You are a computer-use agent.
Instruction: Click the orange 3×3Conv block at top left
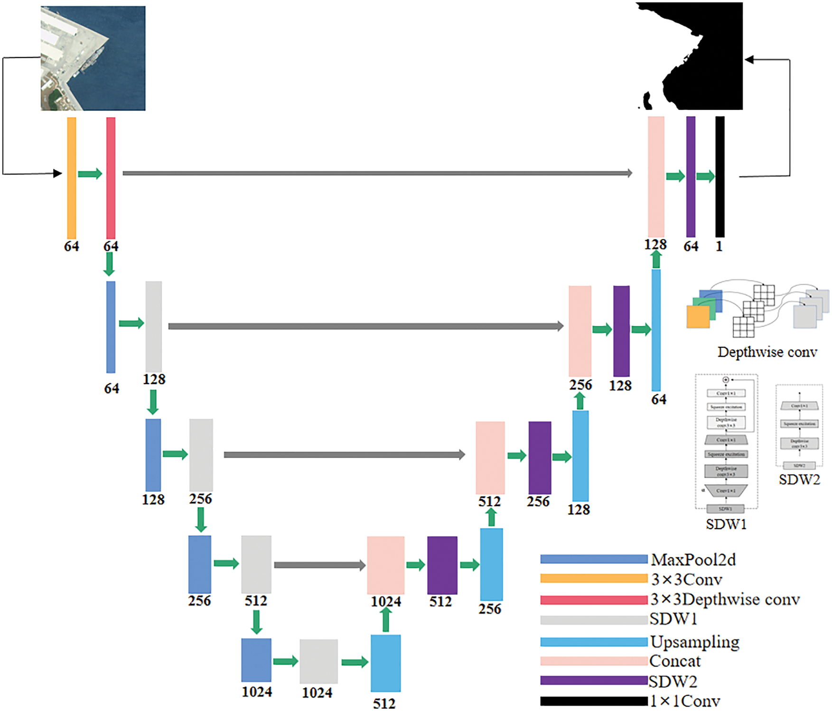[72, 178]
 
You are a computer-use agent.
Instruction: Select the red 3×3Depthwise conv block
[111, 178]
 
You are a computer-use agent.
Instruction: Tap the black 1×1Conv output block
[720, 176]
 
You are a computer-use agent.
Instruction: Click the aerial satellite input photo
[93, 58]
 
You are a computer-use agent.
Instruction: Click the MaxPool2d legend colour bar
[593, 560]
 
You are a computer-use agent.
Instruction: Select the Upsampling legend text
[694, 642]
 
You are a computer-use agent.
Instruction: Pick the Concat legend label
[674, 661]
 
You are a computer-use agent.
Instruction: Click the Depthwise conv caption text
[767, 352]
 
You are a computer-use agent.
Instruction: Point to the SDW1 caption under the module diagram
[726, 524]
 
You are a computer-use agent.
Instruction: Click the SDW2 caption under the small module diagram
[799, 480]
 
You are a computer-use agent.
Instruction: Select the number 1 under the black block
[719, 246]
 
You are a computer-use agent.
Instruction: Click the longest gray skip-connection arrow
[377, 173]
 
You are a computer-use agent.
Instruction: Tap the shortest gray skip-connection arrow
[319, 565]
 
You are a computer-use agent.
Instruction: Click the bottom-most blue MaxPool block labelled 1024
[256, 660]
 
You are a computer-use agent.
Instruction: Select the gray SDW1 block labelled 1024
[318, 661]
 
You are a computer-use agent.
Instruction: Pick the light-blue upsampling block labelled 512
[385, 663]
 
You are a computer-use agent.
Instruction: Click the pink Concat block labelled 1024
[385, 565]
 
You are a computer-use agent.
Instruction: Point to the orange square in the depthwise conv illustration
[698, 316]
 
